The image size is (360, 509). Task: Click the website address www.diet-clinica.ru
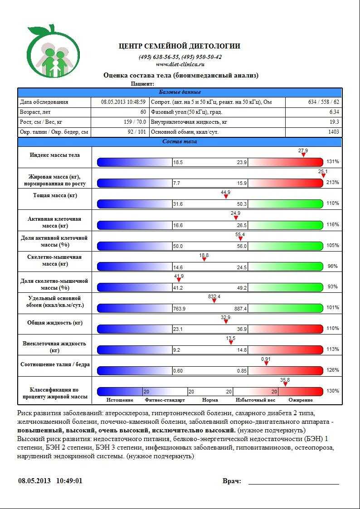[180, 64]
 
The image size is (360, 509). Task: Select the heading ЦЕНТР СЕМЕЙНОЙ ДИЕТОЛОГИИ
[180, 46]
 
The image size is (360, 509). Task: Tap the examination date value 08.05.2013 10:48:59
[123, 102]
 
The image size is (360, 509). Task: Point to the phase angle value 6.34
[334, 112]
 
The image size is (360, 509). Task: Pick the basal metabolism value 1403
[333, 132]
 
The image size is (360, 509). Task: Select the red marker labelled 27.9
[303, 155]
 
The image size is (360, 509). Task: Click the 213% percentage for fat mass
[333, 182]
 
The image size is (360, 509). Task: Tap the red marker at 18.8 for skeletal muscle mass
[204, 259]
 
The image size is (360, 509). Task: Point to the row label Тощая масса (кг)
[55, 196]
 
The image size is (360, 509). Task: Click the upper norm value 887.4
[240, 309]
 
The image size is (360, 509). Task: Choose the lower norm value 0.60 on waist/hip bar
[178, 371]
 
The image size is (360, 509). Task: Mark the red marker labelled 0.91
[267, 363]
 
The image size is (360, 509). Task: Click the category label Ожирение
[301, 400]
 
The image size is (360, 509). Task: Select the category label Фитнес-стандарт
[165, 400]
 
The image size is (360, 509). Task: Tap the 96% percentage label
[333, 266]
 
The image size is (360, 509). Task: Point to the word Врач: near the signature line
[232, 481]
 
